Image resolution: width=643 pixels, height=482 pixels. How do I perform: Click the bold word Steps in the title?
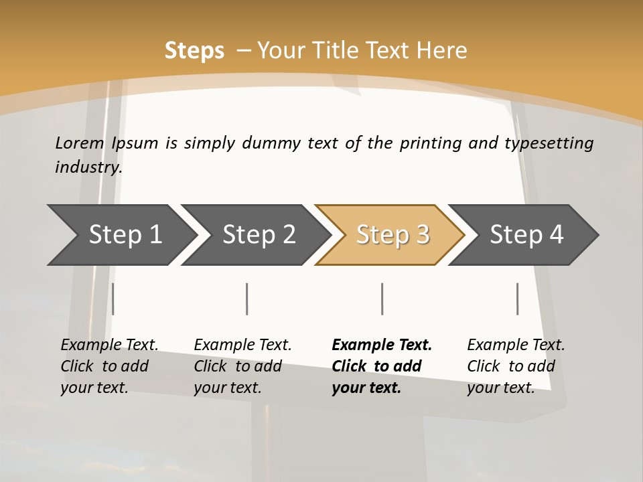pyautogui.click(x=194, y=50)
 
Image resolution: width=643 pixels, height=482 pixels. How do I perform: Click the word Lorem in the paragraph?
pyautogui.click(x=80, y=143)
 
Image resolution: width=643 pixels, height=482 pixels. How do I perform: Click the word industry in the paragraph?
pyautogui.click(x=88, y=167)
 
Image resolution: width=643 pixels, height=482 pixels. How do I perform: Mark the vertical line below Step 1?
pyautogui.click(x=113, y=299)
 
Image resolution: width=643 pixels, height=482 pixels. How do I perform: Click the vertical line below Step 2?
pyautogui.click(x=247, y=299)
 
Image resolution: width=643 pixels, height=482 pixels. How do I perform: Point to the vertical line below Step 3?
pyautogui.click(x=382, y=299)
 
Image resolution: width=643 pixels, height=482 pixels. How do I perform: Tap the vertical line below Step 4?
pyautogui.click(x=518, y=299)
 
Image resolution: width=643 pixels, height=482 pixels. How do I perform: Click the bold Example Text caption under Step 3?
pyautogui.click(x=382, y=366)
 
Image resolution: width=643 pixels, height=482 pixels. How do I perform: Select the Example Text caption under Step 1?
pyautogui.click(x=109, y=366)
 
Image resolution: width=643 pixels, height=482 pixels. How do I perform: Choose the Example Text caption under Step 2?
pyautogui.click(x=242, y=366)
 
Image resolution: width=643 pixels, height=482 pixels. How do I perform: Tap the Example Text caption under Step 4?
pyautogui.click(x=516, y=366)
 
